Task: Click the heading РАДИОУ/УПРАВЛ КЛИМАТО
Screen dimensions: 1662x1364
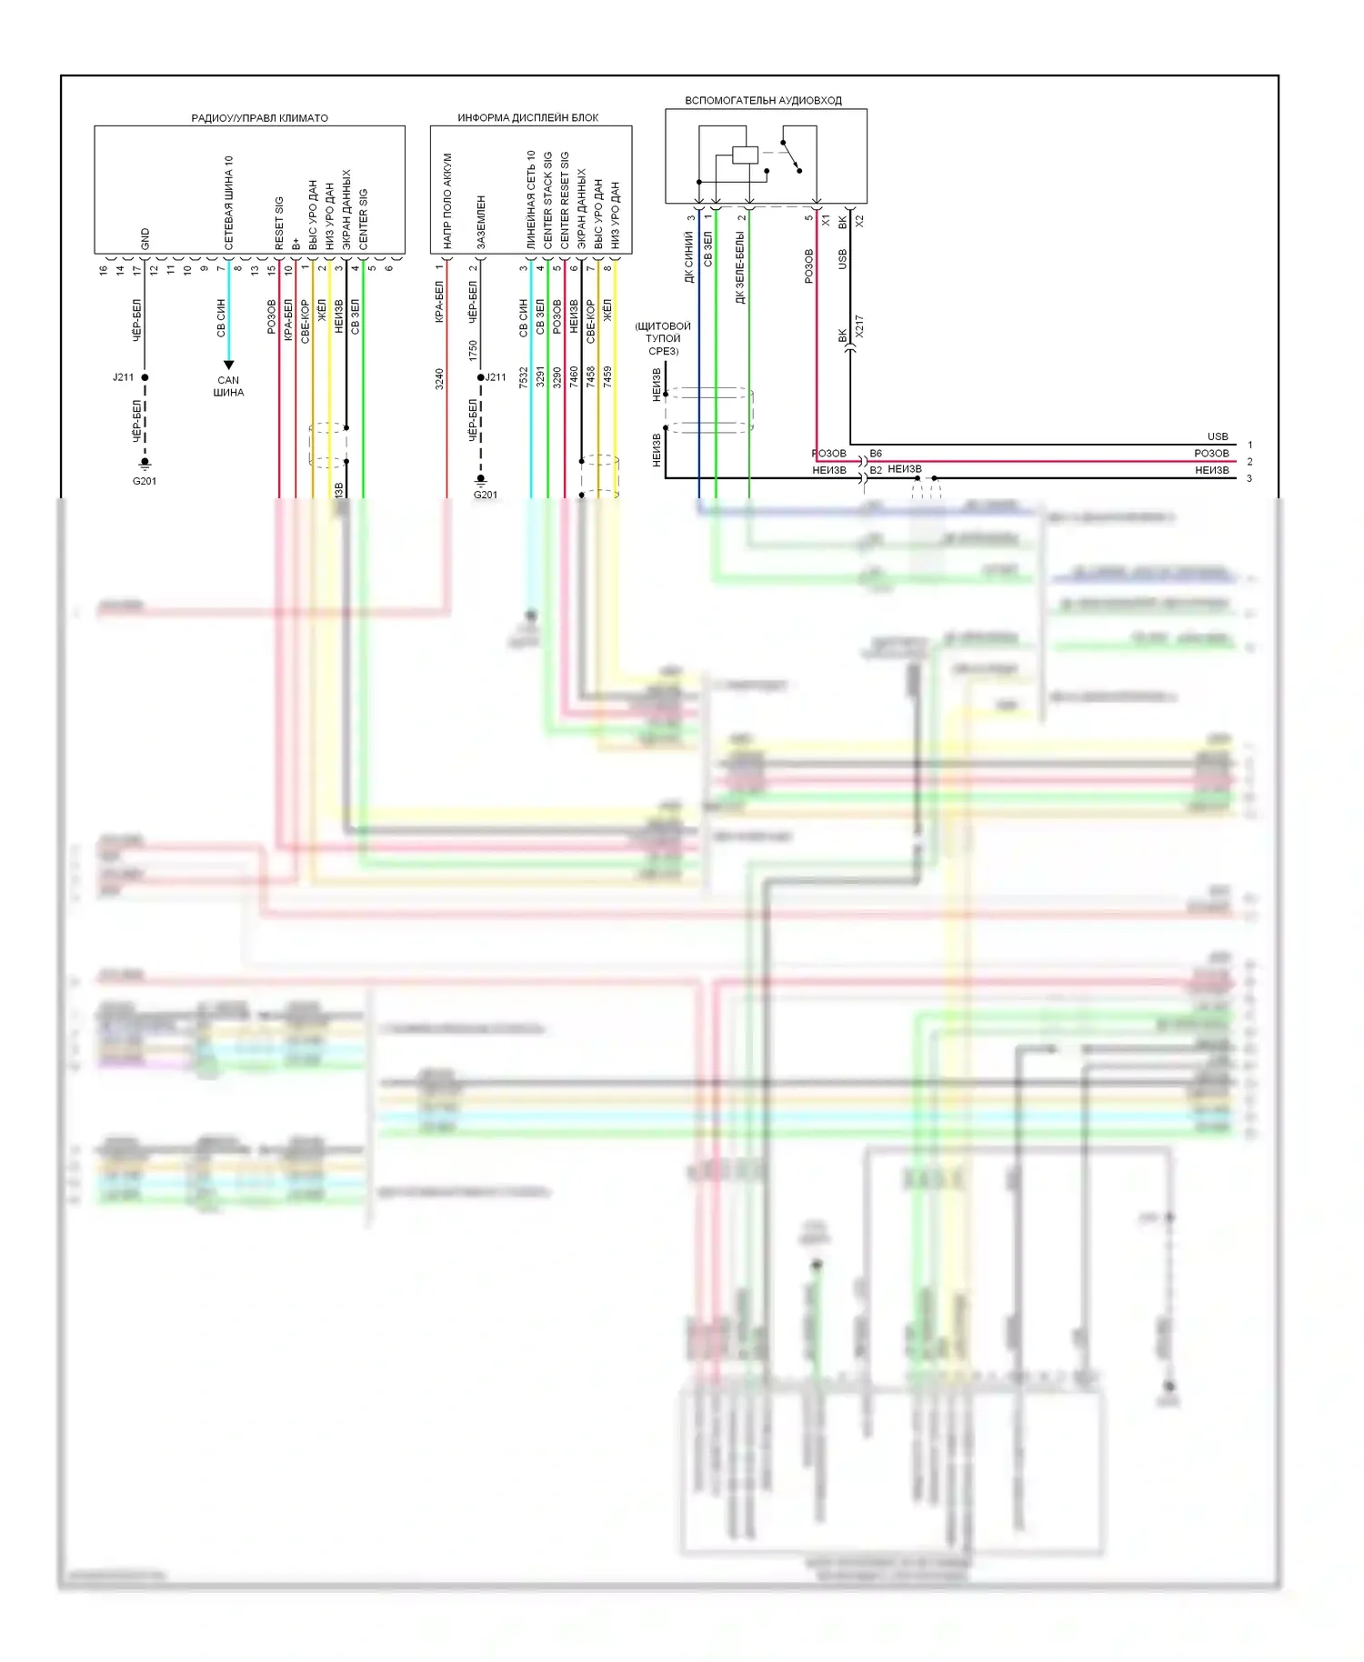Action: (x=259, y=118)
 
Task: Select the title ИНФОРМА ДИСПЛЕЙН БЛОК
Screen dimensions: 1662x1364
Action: (x=527, y=118)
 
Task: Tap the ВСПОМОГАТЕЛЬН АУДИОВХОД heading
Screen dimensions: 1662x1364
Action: (x=763, y=101)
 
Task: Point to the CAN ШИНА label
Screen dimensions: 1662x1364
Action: (x=228, y=386)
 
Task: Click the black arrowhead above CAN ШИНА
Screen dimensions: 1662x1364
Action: (x=229, y=365)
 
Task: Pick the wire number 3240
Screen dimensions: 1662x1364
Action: (x=439, y=378)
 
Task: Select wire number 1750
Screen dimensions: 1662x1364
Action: (x=473, y=350)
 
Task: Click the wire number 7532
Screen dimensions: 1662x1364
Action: (x=524, y=378)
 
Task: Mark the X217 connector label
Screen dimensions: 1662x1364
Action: (x=859, y=327)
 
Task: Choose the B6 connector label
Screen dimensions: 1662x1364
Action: (x=876, y=453)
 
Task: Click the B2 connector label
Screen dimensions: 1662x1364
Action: (x=876, y=470)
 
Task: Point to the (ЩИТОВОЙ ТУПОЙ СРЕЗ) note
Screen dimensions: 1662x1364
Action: (x=663, y=338)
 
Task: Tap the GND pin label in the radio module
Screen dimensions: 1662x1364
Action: (x=145, y=239)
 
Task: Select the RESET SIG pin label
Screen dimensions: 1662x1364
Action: (x=279, y=224)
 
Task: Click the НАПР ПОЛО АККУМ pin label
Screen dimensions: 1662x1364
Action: (x=447, y=201)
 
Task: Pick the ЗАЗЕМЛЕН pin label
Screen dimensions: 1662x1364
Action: (x=481, y=223)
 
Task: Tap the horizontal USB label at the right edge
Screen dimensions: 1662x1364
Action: (x=1218, y=436)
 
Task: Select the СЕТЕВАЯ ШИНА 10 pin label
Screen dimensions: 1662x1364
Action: (x=229, y=203)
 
